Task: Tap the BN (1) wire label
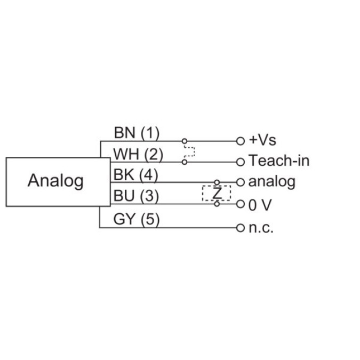[137, 132]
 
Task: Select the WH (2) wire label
[138, 154]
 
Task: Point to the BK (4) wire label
[137, 175]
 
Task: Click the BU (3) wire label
[137, 196]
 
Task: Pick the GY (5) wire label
[137, 220]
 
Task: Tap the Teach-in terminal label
[279, 161]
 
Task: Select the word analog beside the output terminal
[272, 182]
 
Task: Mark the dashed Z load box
[217, 193]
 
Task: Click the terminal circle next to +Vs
[240, 141]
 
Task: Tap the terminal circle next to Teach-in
[240, 161]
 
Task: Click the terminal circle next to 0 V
[240, 204]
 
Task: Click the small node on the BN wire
[185, 141]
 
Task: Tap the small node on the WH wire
[185, 161]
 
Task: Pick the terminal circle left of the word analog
[240, 182]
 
